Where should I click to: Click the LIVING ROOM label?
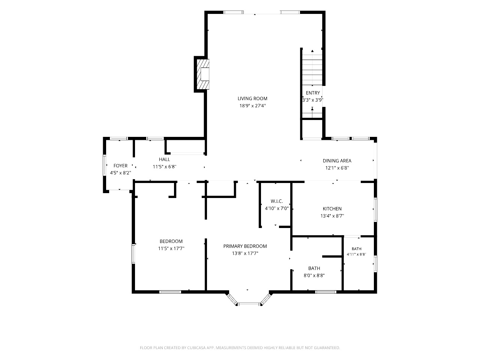tap(252, 99)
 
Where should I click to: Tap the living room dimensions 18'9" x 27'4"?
tap(253, 106)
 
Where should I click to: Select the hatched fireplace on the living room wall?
tap(203, 74)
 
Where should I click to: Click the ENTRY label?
tap(313, 93)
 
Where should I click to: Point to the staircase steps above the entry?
tap(312, 70)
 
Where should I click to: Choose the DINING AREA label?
tap(337, 161)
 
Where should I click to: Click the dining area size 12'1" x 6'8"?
tap(337, 168)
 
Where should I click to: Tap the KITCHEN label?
tap(332, 209)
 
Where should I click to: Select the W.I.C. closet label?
tap(277, 201)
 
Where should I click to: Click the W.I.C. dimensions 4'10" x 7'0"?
tap(277, 208)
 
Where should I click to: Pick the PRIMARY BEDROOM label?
tap(245, 246)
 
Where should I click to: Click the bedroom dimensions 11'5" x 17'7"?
tap(171, 249)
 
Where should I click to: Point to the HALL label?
tap(165, 160)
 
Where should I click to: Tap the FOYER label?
tap(120, 166)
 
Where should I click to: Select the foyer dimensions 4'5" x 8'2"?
tap(120, 173)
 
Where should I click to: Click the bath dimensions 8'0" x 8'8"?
tap(314, 275)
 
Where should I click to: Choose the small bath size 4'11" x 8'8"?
tap(357, 254)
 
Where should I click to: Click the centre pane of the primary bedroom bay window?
tap(249, 304)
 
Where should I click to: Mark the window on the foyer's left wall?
tap(105, 165)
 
